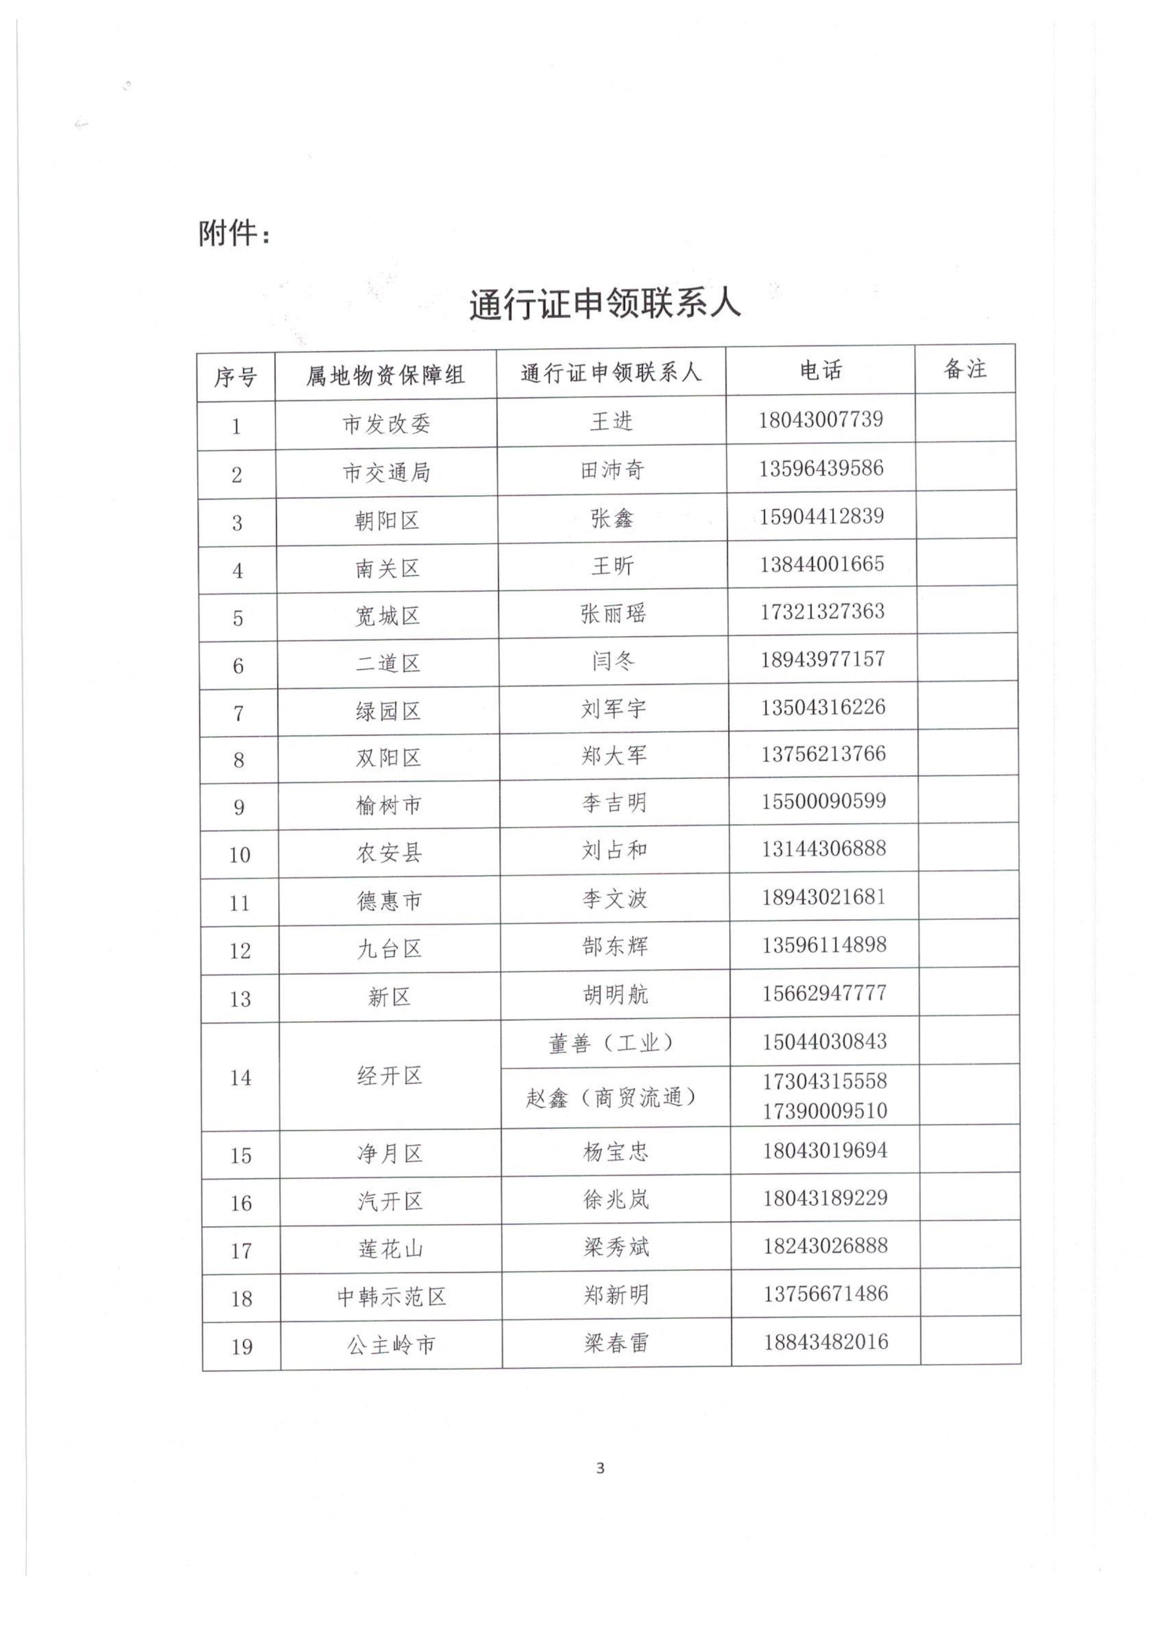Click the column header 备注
pyautogui.click(x=965, y=369)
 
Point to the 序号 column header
pyautogui.click(x=235, y=376)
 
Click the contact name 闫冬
pyautogui.click(x=614, y=661)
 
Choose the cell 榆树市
pyautogui.click(x=388, y=805)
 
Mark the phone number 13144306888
pyautogui.click(x=823, y=849)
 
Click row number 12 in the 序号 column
pyautogui.click(x=240, y=951)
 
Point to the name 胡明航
pyautogui.click(x=615, y=994)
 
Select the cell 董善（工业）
pyautogui.click(x=612, y=1043)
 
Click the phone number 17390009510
pyautogui.click(x=825, y=1111)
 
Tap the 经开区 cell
pyautogui.click(x=389, y=1076)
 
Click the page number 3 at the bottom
pyautogui.click(x=600, y=1469)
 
